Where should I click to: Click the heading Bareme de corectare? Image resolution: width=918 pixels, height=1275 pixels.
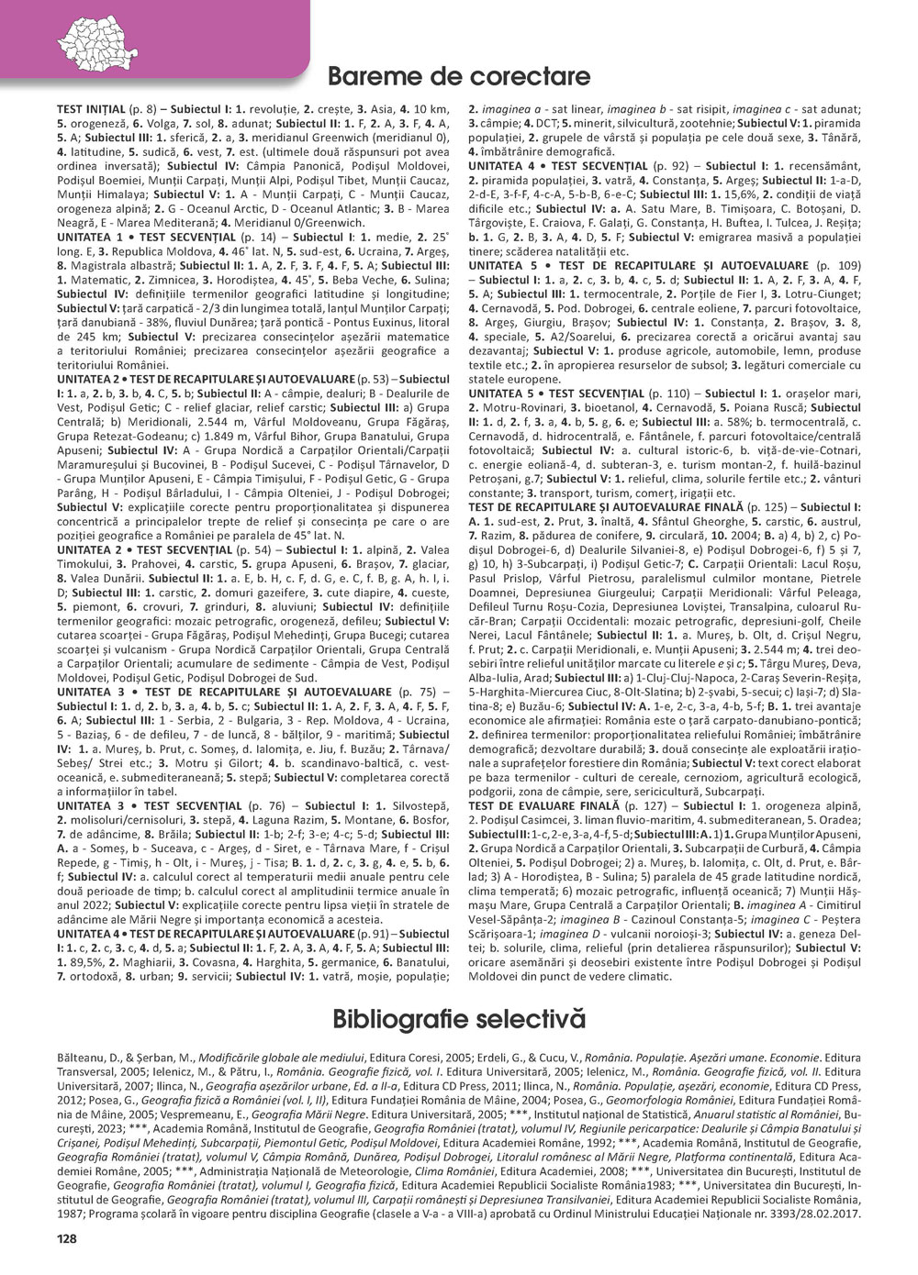pyautogui.click(x=459, y=76)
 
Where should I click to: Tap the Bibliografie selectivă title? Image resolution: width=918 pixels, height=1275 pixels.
pyautogui.click(x=459, y=1019)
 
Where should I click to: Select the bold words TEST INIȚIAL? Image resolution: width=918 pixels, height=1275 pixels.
pyautogui.click(x=90, y=108)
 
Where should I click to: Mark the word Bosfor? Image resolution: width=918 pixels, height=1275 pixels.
pyautogui.click(x=431, y=820)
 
